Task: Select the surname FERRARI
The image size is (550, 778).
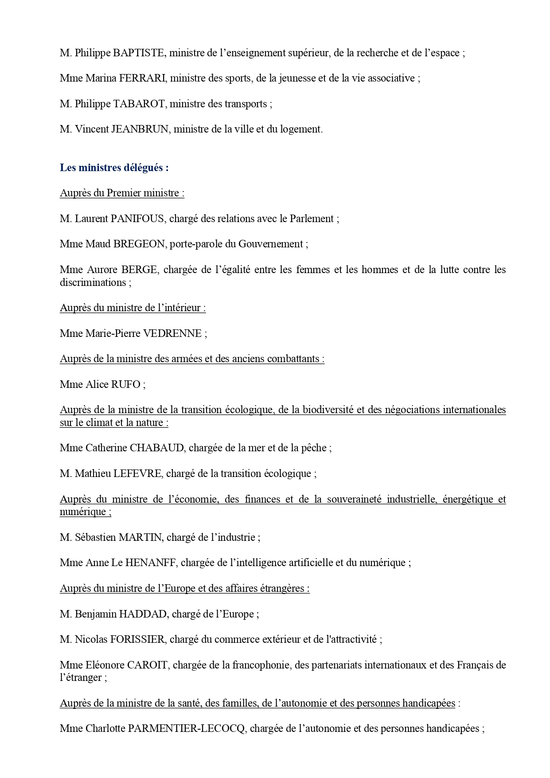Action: coord(142,78)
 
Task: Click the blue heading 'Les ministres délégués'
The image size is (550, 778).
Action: coord(114,168)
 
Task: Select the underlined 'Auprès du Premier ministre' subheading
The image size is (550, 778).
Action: coord(122,193)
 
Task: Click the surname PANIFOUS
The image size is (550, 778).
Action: coord(137,219)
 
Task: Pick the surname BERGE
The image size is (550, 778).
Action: coord(139,270)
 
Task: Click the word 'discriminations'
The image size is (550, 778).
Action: coord(93,283)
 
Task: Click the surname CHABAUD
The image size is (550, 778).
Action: coord(156,448)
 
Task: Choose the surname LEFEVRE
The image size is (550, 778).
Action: coord(137,474)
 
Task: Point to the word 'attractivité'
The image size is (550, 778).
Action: coord(354,640)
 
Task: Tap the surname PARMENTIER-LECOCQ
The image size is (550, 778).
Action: coord(186,729)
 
